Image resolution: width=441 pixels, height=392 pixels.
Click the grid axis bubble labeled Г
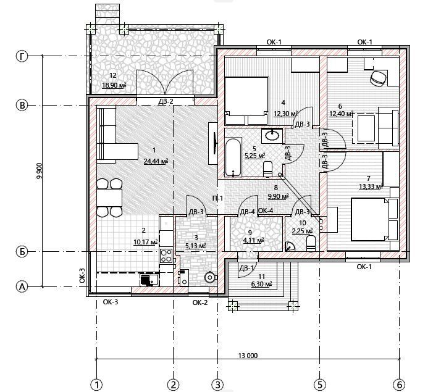click(22, 56)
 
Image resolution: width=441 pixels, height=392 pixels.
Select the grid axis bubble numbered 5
click(320, 384)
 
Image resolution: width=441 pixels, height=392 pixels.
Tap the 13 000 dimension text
click(248, 356)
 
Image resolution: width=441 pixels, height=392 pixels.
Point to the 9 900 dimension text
click(39, 170)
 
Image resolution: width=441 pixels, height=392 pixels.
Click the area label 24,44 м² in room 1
click(156, 161)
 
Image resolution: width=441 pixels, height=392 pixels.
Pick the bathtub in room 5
click(233, 157)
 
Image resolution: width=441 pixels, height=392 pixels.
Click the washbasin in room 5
click(272, 136)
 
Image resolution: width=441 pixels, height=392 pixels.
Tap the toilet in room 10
click(311, 243)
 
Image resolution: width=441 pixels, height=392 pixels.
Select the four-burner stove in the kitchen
click(166, 256)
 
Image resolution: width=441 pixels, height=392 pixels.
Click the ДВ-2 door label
click(166, 101)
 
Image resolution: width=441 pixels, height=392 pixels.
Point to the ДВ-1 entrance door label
click(246, 268)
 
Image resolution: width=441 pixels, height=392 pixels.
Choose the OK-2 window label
click(200, 302)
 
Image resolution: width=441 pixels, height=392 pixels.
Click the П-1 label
click(217, 198)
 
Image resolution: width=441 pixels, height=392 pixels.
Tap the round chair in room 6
click(379, 78)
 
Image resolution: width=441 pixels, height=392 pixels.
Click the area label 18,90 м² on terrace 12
click(114, 85)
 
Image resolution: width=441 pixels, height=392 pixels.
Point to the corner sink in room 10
click(289, 246)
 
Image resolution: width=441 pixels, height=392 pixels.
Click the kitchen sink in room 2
click(149, 280)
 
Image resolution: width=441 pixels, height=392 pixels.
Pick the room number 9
click(250, 232)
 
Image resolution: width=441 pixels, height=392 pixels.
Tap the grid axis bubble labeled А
click(22, 287)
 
